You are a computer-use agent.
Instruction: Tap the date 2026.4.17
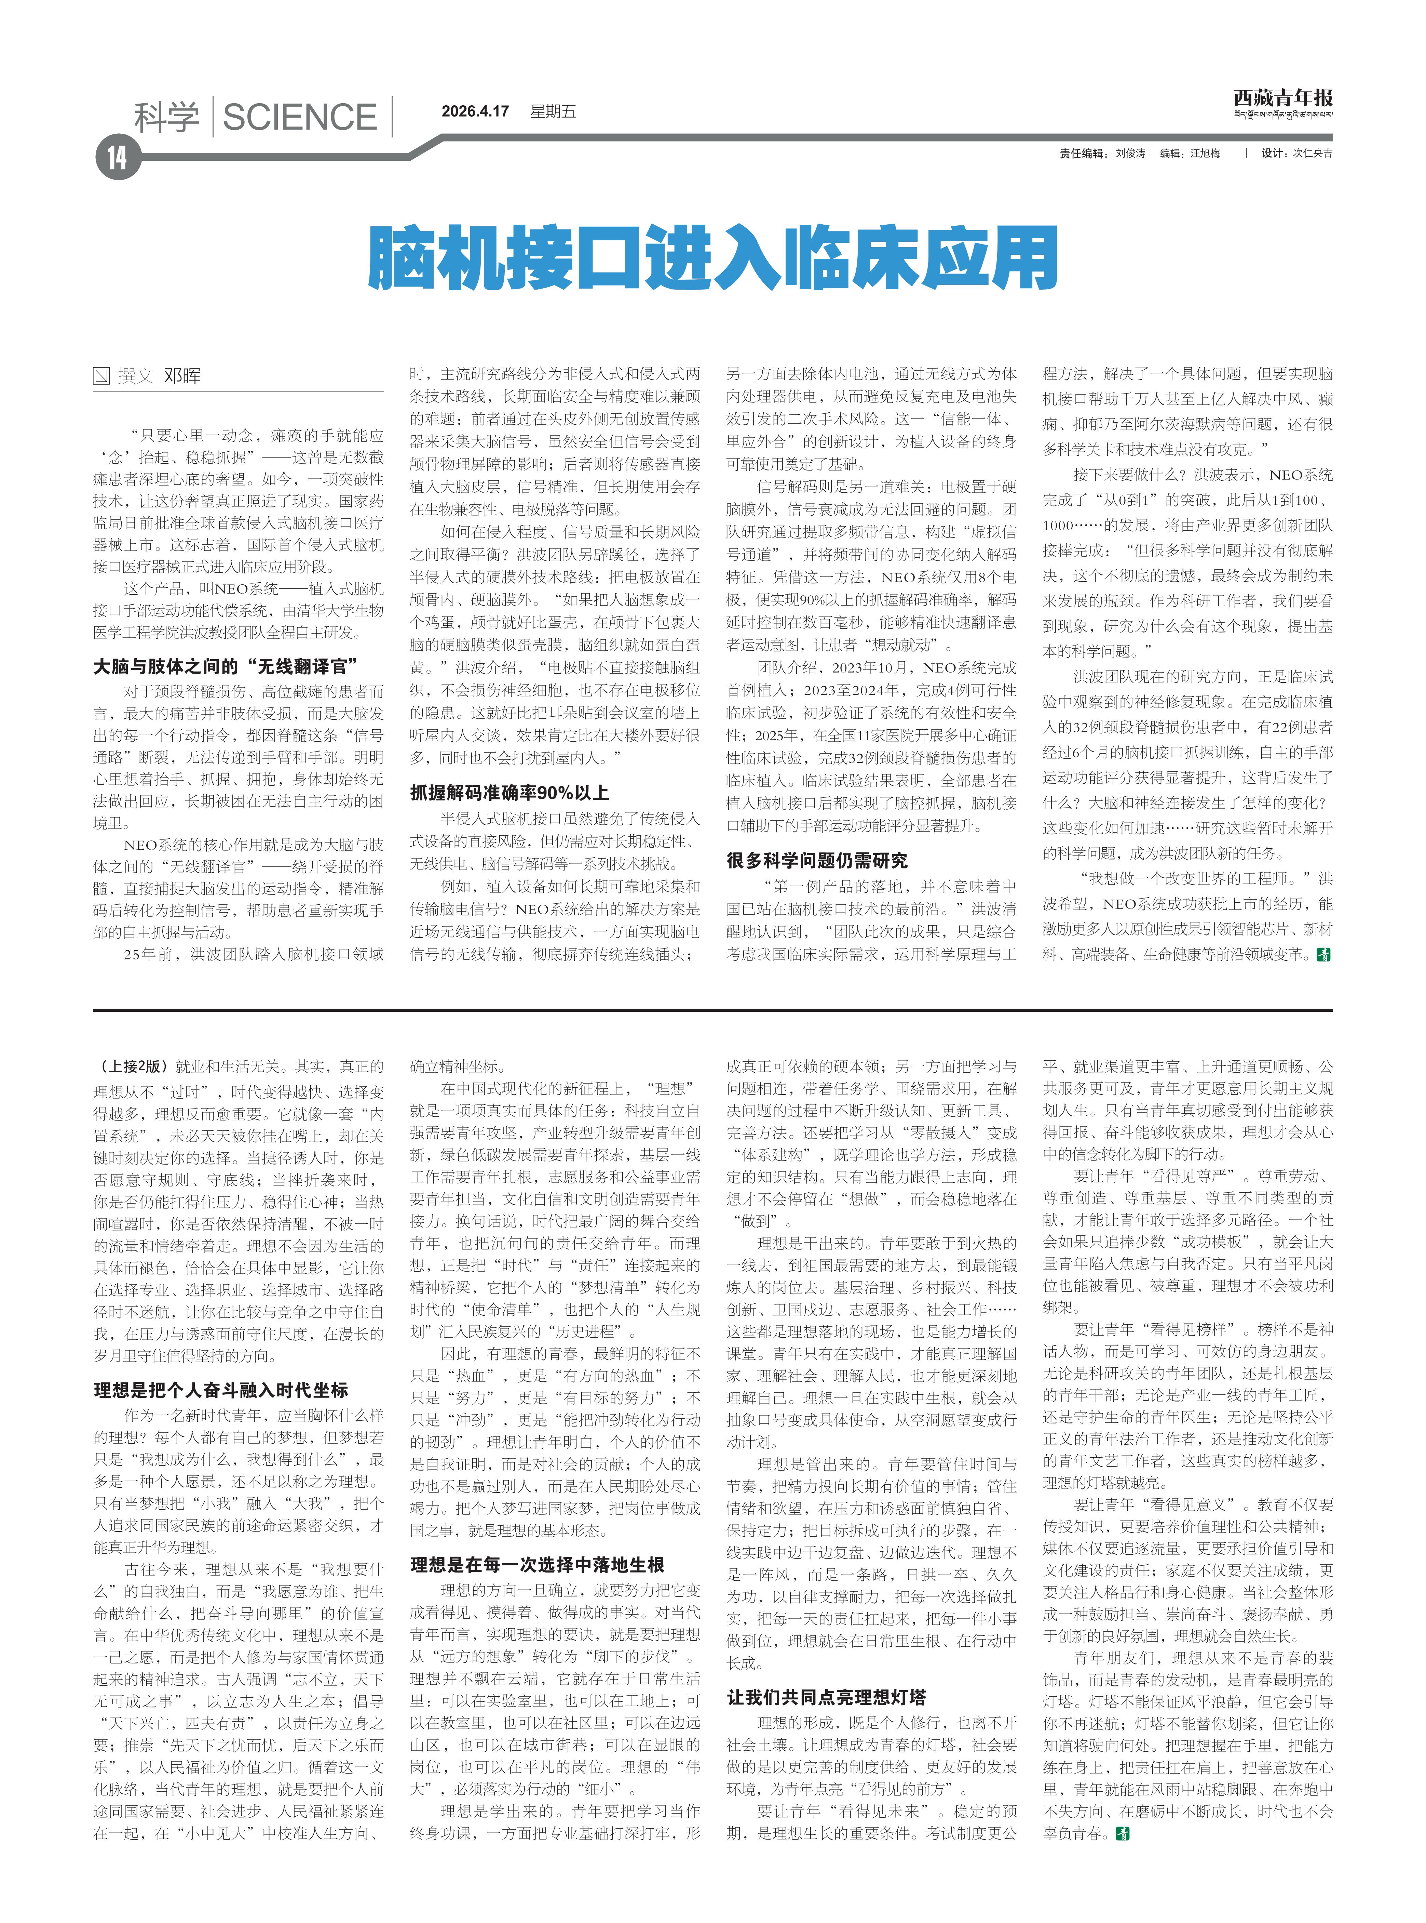point(475,111)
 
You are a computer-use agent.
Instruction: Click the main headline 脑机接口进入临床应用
point(713,257)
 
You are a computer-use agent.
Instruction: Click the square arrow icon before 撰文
point(102,376)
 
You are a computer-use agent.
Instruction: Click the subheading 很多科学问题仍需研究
point(817,860)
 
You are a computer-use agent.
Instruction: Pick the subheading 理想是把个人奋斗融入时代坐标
point(221,1389)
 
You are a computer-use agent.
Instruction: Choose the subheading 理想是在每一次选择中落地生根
point(537,1565)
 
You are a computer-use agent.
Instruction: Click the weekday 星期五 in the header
point(553,111)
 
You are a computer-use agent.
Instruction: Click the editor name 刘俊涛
point(1130,153)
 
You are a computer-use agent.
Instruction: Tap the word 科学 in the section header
point(167,117)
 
